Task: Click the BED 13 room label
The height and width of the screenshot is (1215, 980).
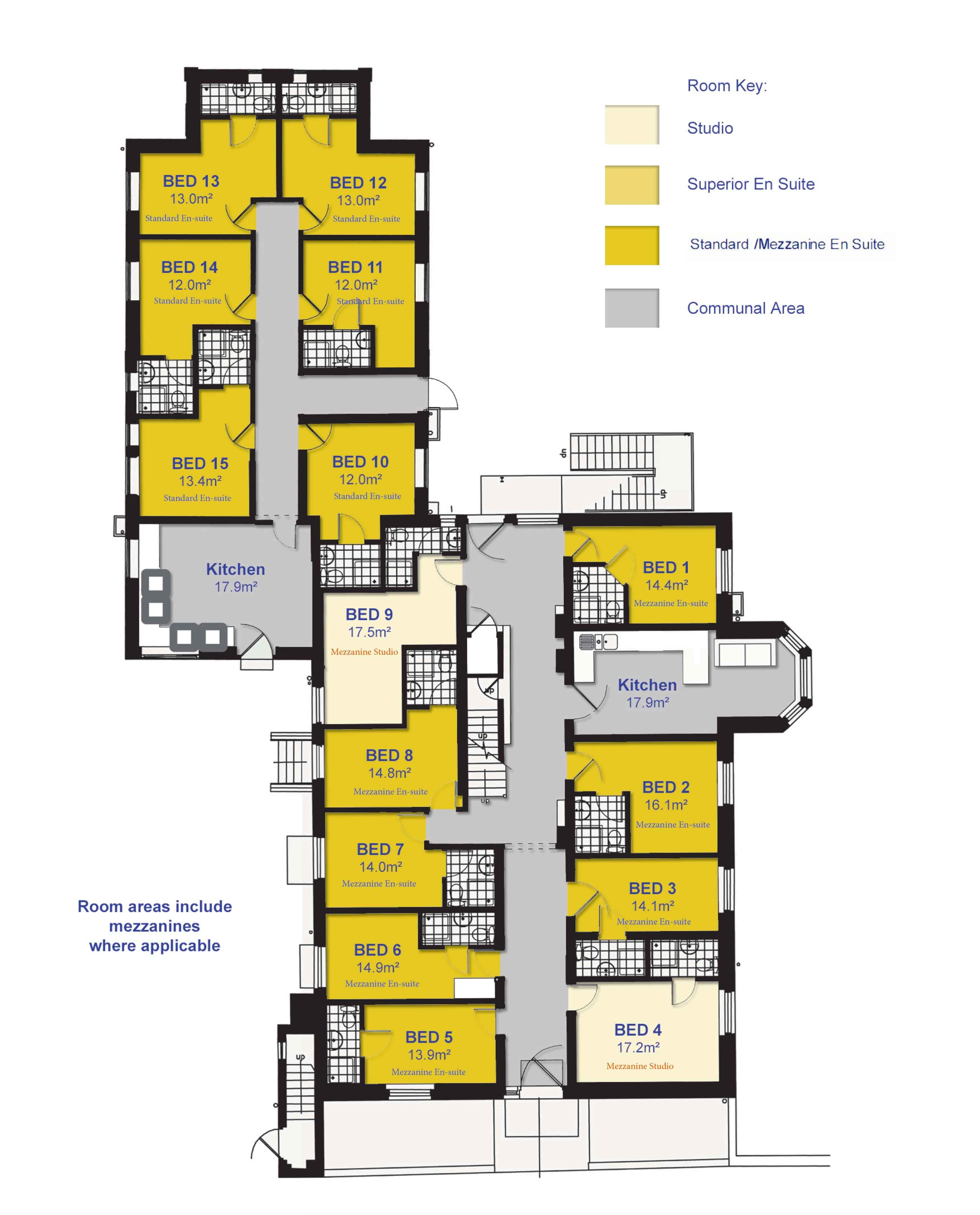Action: [191, 181]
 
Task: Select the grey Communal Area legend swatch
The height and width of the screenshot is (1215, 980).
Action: [632, 308]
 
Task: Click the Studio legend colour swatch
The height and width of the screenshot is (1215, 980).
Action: [632, 125]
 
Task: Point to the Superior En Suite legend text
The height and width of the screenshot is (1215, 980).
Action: [751, 184]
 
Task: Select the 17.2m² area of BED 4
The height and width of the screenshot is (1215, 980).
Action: [638, 1047]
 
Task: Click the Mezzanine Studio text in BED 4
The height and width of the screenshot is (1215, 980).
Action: [640, 1066]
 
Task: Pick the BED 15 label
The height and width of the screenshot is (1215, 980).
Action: [200, 464]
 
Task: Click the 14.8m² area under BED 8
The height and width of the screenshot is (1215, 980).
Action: [390, 772]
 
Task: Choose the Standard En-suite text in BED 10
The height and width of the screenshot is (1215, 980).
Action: [368, 496]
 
